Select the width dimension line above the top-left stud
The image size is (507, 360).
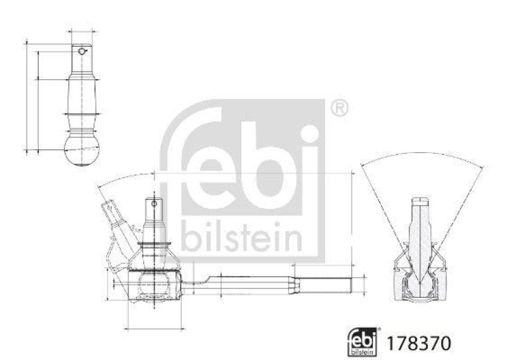click(x=82, y=30)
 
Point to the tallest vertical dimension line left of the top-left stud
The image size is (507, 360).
click(x=27, y=95)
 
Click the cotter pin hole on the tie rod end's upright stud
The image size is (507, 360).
click(x=153, y=204)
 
